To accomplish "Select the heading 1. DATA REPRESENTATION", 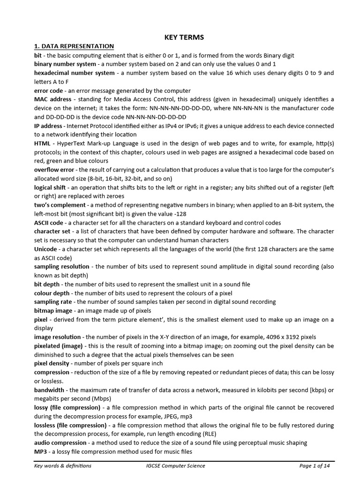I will [74, 46].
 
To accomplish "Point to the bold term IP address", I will [48, 126].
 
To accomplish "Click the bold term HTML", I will [42, 143].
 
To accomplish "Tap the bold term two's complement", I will [60, 205].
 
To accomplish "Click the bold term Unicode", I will [46, 249].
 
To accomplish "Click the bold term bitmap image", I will [53, 310].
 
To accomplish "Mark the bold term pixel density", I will [52, 363].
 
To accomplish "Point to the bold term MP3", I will [41, 451].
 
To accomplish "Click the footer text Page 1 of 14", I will [316, 465].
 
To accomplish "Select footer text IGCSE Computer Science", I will [175, 465].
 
